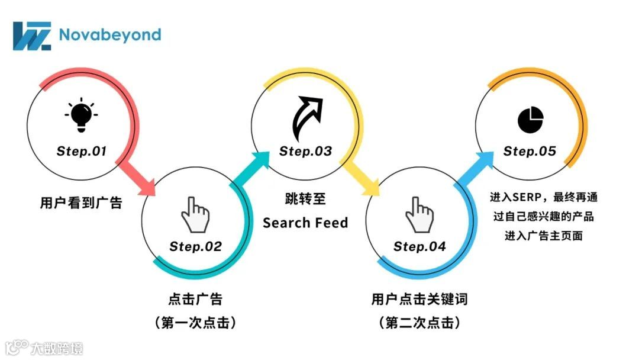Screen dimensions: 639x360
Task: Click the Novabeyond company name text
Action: tap(110, 34)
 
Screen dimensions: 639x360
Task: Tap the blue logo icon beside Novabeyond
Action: tap(32, 36)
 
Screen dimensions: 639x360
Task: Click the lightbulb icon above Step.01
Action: tap(82, 117)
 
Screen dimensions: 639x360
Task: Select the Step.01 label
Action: tap(82, 151)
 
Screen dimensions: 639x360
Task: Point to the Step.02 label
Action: tap(195, 246)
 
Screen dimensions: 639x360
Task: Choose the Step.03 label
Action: tap(305, 151)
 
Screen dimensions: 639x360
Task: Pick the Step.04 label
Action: tap(419, 246)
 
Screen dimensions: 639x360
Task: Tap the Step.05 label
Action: tap(530, 151)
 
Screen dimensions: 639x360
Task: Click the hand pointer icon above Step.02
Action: tap(195, 214)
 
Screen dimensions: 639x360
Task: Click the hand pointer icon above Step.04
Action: tap(419, 214)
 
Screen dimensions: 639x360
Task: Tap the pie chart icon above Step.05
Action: tap(530, 119)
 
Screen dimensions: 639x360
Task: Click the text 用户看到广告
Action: tap(81, 203)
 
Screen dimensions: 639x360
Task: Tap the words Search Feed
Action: tap(305, 223)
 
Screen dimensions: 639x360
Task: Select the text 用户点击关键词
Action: tap(419, 300)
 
